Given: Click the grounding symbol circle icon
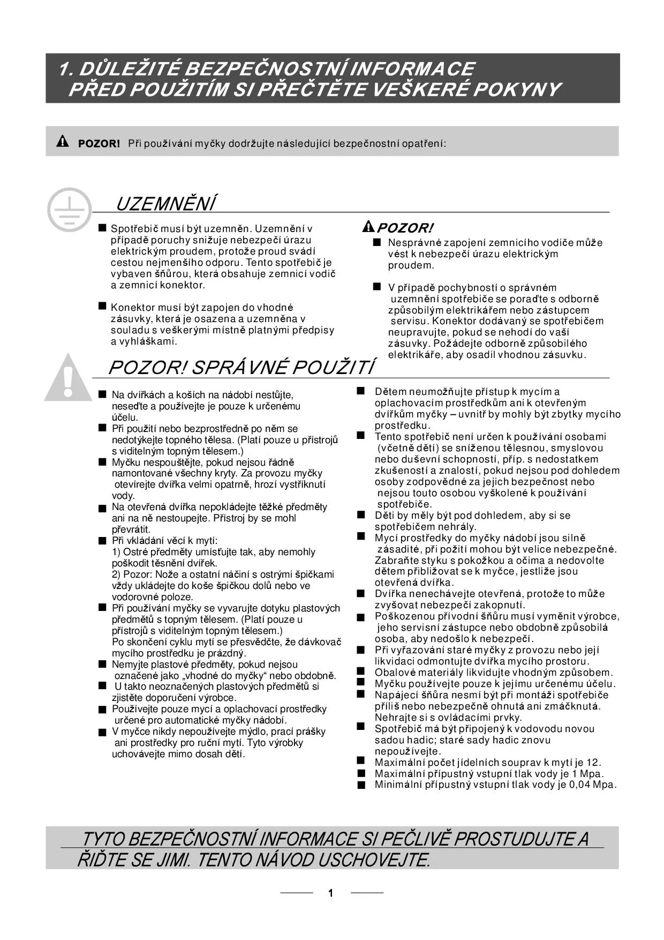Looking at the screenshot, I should [x=69, y=210].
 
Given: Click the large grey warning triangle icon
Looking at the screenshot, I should [x=67, y=378].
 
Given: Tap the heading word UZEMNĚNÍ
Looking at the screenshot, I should [x=166, y=204].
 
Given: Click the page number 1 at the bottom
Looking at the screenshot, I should [x=331, y=893].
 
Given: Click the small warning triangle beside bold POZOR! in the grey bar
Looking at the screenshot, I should [x=63, y=142].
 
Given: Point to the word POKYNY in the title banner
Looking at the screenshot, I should [x=518, y=89].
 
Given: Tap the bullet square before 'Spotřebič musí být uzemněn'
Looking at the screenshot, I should [x=102, y=229].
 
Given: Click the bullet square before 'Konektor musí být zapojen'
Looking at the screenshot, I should [x=102, y=306].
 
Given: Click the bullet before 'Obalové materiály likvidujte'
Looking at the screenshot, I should [x=361, y=672].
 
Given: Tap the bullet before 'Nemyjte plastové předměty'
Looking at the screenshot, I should [x=102, y=664].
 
